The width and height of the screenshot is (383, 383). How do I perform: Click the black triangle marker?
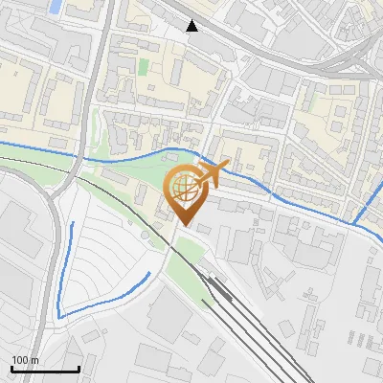pos(192,26)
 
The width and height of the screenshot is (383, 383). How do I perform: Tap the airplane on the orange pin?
pos(213,174)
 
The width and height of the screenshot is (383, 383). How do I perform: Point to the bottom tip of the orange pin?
pos(185,226)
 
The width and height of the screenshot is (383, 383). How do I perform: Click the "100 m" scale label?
pos(25,360)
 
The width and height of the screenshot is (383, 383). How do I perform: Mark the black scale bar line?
pos(45,369)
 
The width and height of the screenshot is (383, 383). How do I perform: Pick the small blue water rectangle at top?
pos(56,6)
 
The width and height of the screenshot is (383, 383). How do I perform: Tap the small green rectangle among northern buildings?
pos(144,67)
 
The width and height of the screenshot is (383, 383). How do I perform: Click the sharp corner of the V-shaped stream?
pos(59,315)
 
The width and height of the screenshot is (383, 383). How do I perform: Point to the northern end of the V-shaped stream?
pos(73,224)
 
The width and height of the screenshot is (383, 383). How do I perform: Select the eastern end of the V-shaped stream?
pos(148,274)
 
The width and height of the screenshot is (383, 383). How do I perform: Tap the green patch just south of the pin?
pos(185,259)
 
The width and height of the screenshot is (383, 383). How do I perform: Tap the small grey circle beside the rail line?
pos(145,233)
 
